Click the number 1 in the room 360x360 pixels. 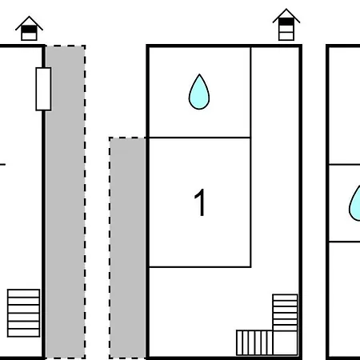pos(200,202)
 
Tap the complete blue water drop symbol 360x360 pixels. pos(199,92)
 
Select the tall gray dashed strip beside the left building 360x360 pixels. pos(66,202)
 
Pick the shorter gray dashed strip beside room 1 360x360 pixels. pos(127,248)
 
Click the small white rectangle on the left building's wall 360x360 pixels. pos(43,89)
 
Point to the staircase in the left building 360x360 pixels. pos(24,313)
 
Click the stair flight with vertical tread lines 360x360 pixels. pos(254,342)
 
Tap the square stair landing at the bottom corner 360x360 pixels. pos(286,343)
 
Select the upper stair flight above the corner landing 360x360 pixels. pos(285,313)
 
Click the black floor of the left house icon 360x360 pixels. pos(29,29)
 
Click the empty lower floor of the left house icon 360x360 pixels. pos(29,36)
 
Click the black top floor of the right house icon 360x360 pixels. pos(286,22)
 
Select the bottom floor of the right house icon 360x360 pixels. pos(286,36)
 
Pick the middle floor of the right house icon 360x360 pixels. pos(286,29)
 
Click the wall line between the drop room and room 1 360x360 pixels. pos(199,138)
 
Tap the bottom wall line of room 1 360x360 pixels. pos(199,266)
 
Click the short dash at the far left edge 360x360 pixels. pos(2,165)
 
